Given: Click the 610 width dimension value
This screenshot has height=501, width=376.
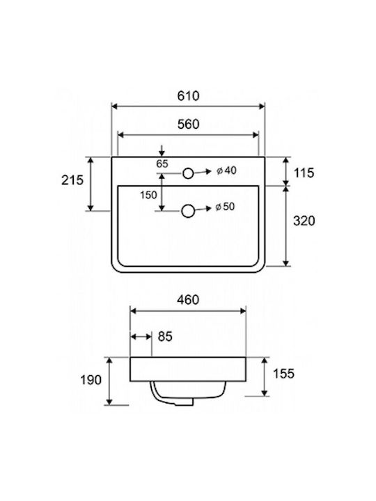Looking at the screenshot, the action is pos(188,95).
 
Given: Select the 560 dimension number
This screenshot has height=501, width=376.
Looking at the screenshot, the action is pos(188,124).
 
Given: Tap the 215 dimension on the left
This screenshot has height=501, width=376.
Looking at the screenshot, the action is pos(72,180).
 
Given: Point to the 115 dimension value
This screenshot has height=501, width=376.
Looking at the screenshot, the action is pos(304,173).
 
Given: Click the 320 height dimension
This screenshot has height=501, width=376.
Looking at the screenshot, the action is pos(304,221).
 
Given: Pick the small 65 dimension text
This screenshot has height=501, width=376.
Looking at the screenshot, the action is pos(162,164).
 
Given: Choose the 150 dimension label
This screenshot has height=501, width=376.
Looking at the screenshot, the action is pos(148,195).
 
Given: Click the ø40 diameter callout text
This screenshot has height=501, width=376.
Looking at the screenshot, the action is pos(226,170).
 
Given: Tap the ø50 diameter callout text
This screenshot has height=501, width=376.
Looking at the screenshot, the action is pos(225,207).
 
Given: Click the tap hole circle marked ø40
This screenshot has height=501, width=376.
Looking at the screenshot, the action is pos(188,173).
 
